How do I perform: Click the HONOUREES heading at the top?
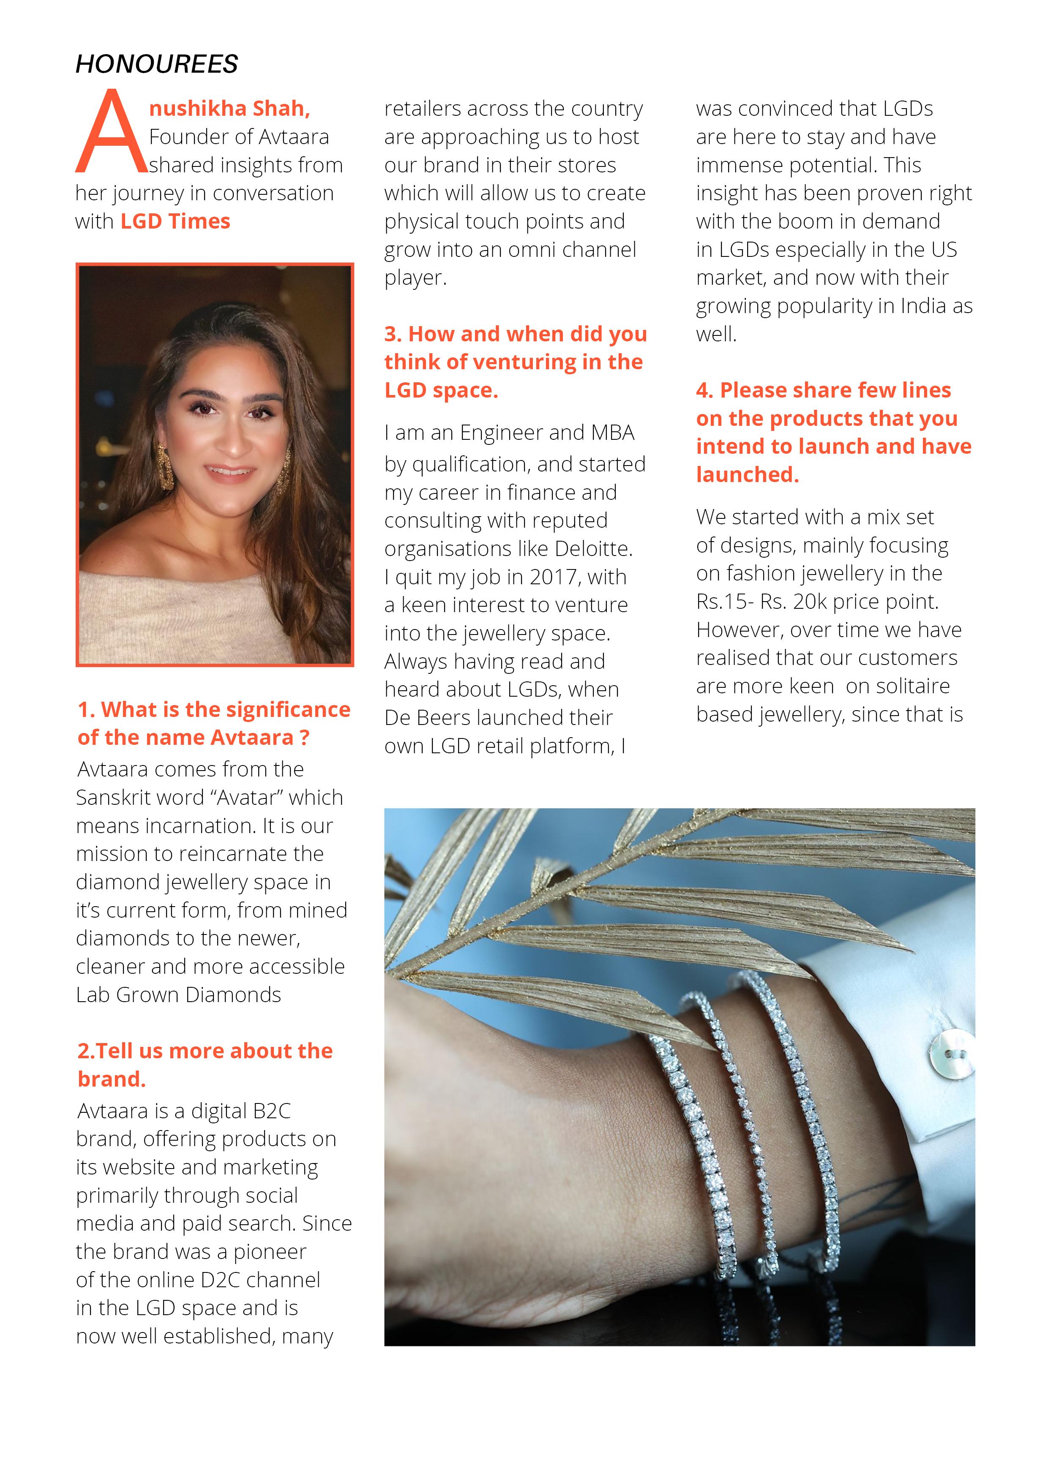[x=156, y=64]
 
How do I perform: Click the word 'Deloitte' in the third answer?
[x=592, y=549]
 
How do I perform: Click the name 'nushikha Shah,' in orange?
[x=229, y=109]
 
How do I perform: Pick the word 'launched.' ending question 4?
[x=747, y=475]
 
